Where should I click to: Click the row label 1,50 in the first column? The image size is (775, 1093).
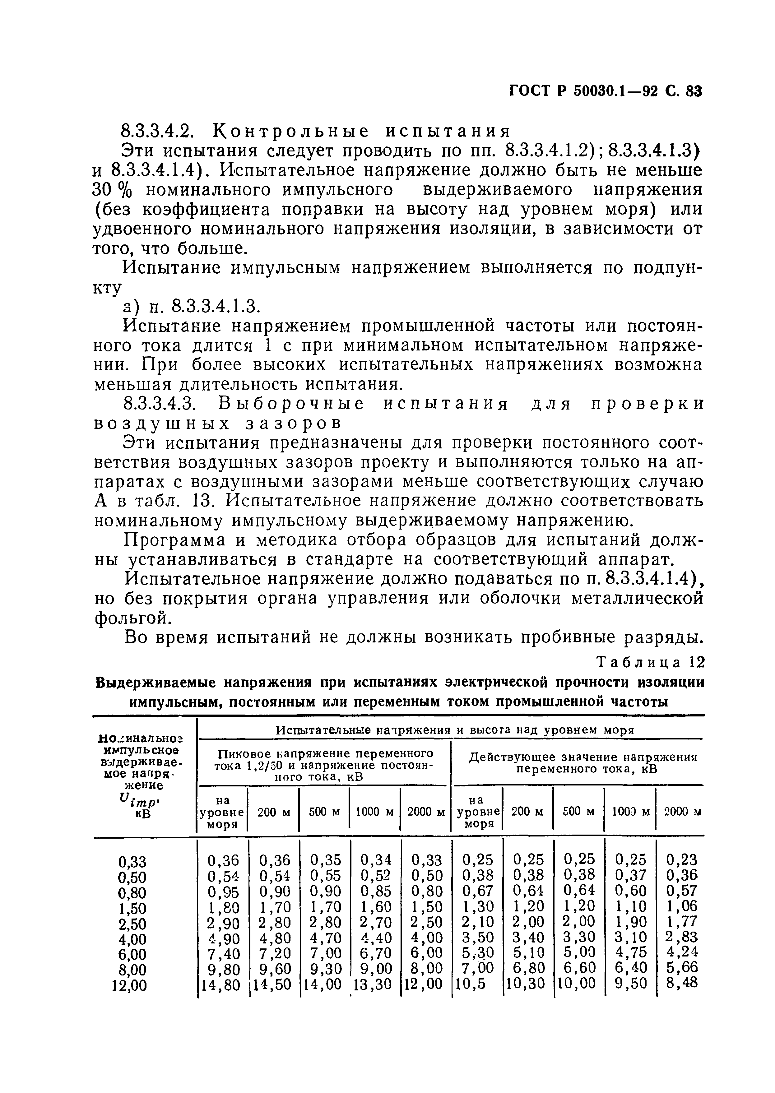[132, 908]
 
